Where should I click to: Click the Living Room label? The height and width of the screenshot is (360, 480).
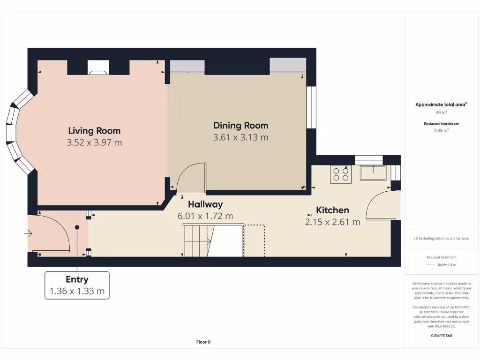point(94,131)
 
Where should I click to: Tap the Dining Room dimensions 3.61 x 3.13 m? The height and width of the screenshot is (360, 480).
point(240,137)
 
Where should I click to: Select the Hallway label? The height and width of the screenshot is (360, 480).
point(205,204)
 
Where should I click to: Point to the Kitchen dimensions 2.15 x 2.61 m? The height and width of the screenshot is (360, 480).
point(332,222)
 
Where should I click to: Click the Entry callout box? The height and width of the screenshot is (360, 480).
point(77,285)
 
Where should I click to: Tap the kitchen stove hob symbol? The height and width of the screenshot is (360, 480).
point(341,174)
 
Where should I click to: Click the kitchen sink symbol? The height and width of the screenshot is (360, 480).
point(373,173)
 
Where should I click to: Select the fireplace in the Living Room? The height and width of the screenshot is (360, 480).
point(98,67)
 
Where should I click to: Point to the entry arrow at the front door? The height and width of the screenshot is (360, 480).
point(29,234)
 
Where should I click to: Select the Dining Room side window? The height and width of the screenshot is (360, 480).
point(311,107)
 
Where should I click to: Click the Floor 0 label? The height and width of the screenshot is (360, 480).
point(203,342)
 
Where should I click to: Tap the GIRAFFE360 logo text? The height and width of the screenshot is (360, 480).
point(442,336)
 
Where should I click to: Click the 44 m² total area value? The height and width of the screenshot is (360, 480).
point(442,112)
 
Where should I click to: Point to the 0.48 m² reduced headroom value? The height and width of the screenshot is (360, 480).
point(442,130)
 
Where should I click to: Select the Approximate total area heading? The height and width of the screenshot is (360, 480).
point(441,105)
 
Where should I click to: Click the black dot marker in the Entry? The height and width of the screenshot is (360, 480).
point(77,227)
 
